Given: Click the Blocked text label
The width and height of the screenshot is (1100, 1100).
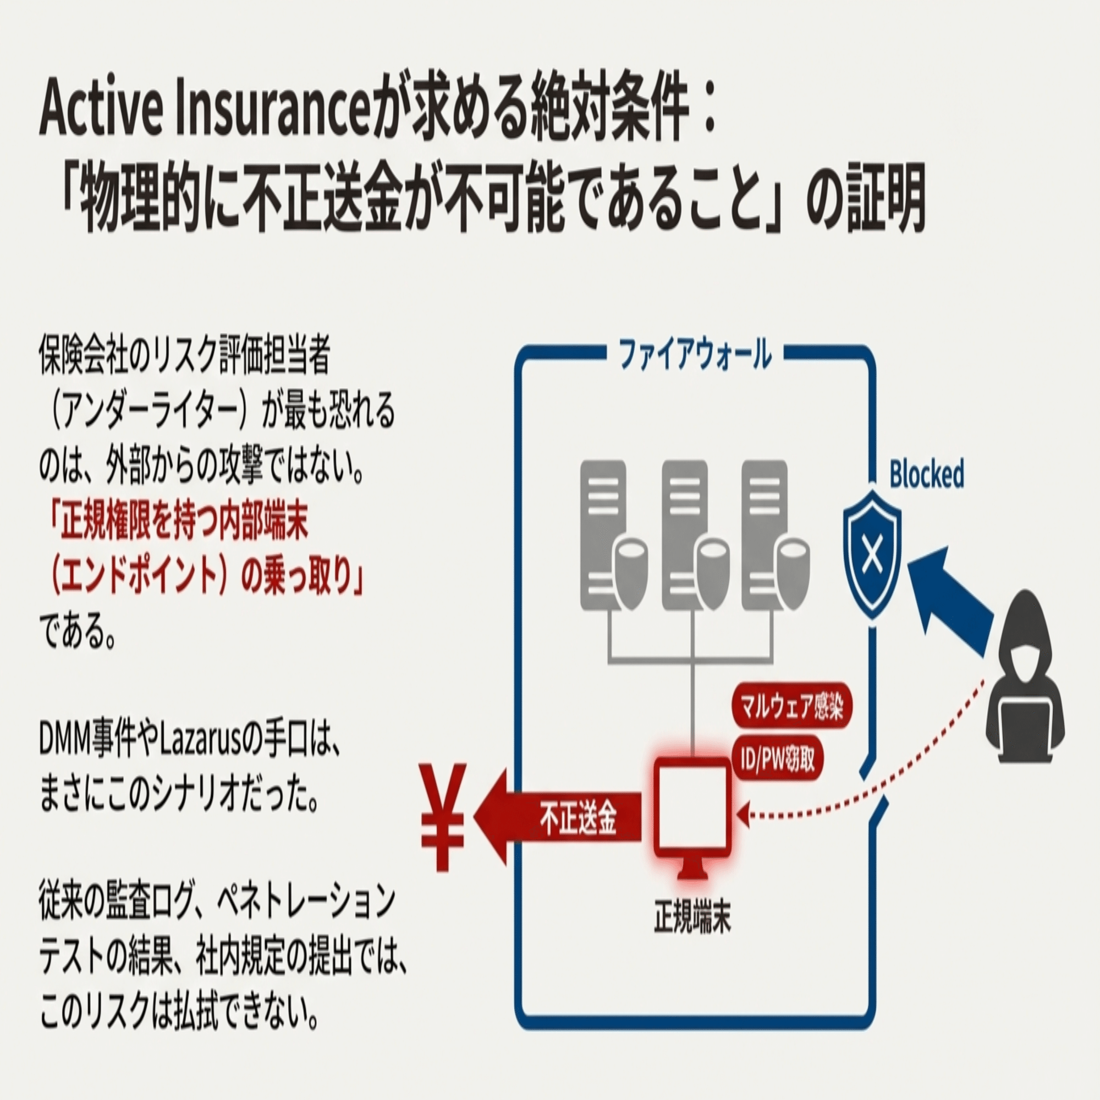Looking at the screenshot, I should click(x=926, y=474).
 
